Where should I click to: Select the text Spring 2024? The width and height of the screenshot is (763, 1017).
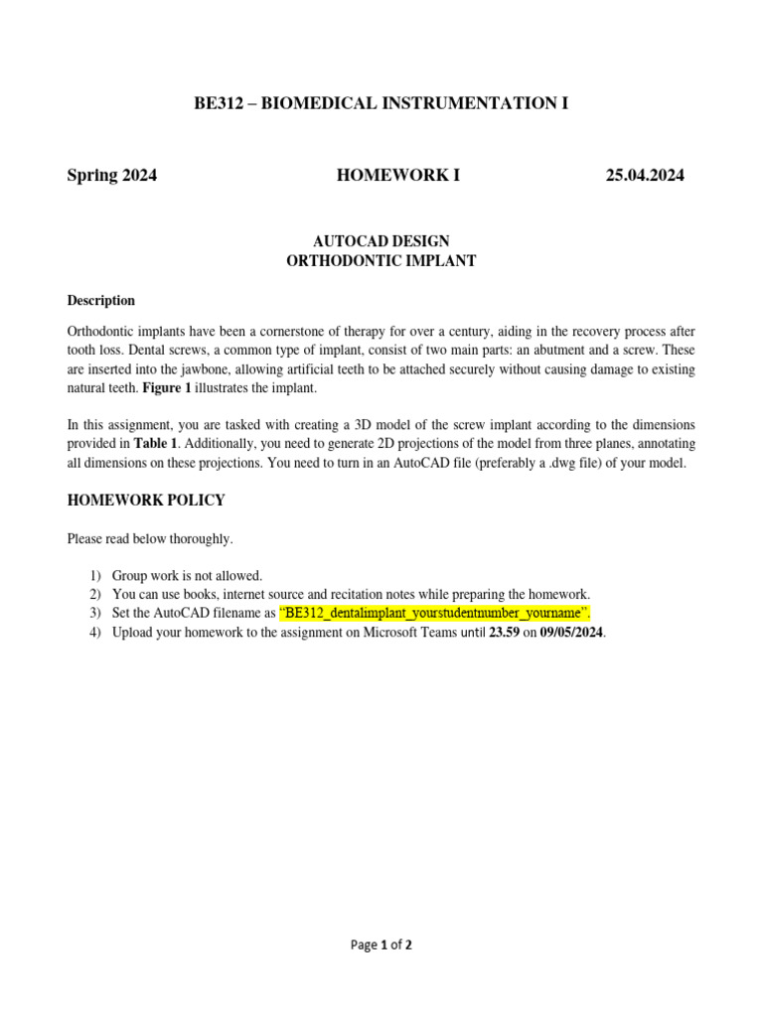click(111, 176)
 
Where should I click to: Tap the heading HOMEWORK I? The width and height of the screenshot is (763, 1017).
click(398, 176)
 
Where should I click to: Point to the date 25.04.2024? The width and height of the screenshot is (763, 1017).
click(645, 176)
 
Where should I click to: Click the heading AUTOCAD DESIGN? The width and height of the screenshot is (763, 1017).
click(381, 241)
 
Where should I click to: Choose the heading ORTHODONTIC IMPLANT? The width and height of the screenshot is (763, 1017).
click(381, 261)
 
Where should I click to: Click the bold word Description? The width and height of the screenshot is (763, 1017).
click(100, 301)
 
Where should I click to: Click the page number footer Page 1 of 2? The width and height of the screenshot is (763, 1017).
click(381, 945)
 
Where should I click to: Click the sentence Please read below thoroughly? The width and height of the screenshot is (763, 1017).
click(150, 538)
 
